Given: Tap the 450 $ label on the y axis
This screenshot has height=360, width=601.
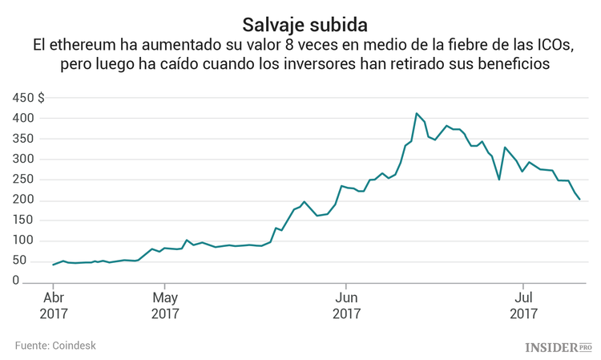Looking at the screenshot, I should [x=29, y=98].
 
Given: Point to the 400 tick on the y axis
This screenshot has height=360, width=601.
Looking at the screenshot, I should [x=23, y=119].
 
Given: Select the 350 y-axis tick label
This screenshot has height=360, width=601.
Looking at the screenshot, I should [x=23, y=139].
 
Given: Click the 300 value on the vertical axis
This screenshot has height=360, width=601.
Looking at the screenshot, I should [x=23, y=160].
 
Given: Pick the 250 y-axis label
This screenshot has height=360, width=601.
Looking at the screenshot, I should [x=23, y=180].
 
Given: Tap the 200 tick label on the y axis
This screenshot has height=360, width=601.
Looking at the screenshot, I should [x=23, y=200].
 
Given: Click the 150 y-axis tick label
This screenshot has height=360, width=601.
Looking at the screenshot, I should [x=23, y=220].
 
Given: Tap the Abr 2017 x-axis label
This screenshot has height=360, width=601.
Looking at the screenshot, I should [x=53, y=305].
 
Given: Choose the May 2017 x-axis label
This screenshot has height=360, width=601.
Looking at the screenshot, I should [x=165, y=305].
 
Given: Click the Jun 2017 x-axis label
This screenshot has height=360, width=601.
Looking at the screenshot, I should [x=345, y=305].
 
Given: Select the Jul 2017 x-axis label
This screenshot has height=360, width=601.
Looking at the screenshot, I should [x=523, y=305].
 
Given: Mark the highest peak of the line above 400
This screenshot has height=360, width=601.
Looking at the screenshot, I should [x=417, y=113].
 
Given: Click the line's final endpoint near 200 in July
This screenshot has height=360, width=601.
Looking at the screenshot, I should [x=580, y=200].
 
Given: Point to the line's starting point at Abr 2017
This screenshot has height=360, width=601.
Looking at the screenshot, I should [x=53, y=265].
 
